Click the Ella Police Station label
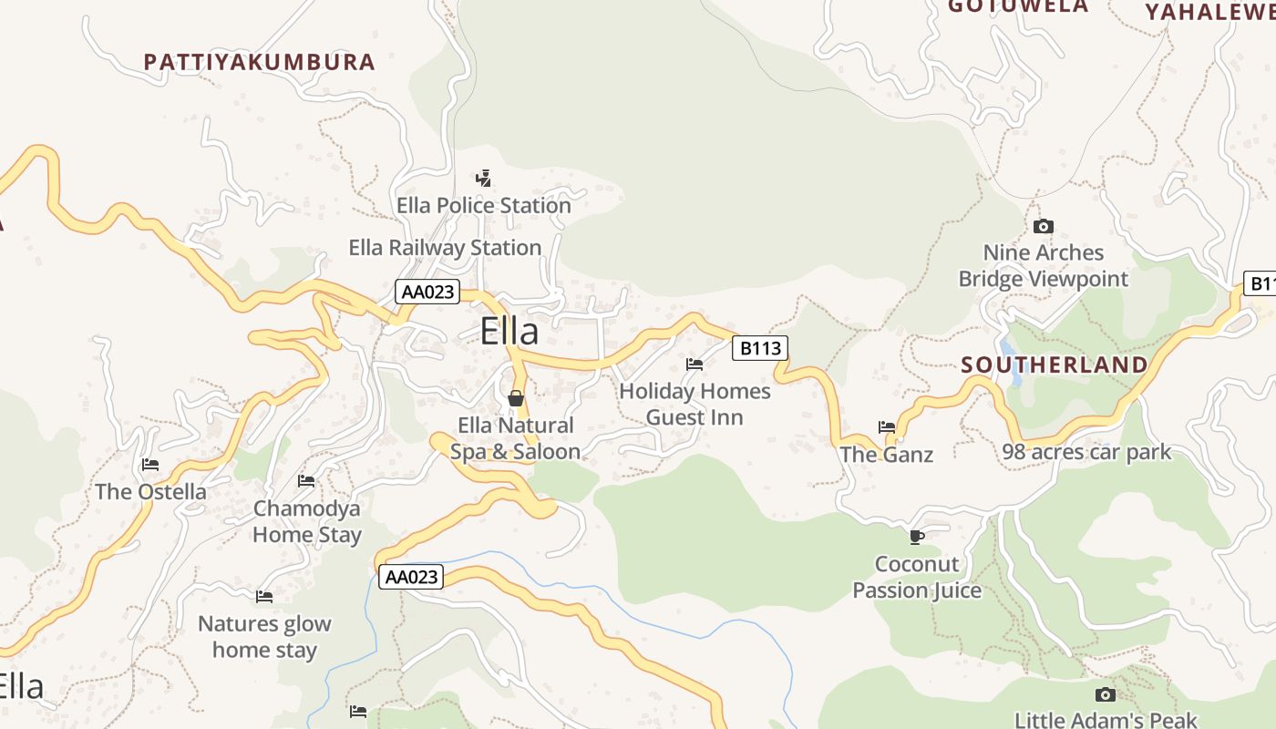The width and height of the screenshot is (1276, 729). (483, 206)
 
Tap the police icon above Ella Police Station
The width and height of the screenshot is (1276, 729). (484, 179)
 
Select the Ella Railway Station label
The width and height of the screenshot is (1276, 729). (445, 248)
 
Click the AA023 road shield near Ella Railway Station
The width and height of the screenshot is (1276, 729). (427, 292)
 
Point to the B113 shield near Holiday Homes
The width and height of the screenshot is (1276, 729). (759, 348)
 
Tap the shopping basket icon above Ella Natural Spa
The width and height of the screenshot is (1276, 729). (515, 398)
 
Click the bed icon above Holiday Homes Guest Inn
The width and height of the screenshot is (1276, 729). (695, 364)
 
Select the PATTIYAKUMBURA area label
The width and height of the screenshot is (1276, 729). (260, 62)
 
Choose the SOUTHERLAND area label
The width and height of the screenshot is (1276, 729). (1055, 365)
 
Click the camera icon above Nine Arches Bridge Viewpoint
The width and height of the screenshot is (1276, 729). (1044, 226)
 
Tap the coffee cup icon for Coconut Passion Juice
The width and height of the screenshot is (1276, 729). (917, 537)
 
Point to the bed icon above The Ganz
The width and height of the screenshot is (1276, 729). (887, 426)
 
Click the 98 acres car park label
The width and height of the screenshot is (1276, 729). (1086, 452)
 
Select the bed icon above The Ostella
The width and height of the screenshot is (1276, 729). (150, 465)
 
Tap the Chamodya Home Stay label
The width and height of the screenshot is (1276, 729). (307, 521)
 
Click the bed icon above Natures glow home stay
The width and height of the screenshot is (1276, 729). (264, 597)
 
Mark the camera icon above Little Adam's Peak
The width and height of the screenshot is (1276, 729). (1105, 694)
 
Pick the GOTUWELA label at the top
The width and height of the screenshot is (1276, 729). (1018, 6)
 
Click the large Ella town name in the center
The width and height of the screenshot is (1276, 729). (509, 331)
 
